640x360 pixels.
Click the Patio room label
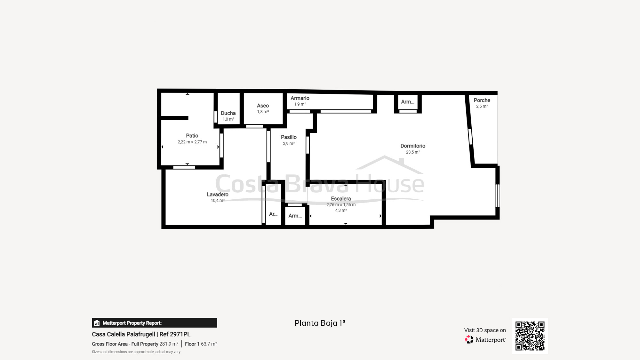point(192,136)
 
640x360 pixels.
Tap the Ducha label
point(228,113)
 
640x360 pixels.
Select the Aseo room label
point(263,106)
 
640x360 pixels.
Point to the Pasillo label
point(289,137)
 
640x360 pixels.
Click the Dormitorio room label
point(413,146)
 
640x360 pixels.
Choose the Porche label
point(482,100)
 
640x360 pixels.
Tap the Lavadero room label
point(218,195)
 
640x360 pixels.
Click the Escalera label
point(341,199)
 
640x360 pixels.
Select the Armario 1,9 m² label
point(300,101)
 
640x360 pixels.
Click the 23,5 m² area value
point(413,152)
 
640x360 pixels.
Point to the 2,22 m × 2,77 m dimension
point(192,142)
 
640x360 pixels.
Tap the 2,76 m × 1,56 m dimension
point(341,205)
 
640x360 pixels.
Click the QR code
point(530,336)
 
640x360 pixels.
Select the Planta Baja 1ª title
point(320,323)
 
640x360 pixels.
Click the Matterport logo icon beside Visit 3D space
point(469,340)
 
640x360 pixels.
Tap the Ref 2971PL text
point(175,334)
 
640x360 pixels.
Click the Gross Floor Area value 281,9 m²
point(169,344)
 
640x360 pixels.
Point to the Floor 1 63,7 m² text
point(201,344)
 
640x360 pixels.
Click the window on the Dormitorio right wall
point(497,196)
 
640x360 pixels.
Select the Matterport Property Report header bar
point(155,323)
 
